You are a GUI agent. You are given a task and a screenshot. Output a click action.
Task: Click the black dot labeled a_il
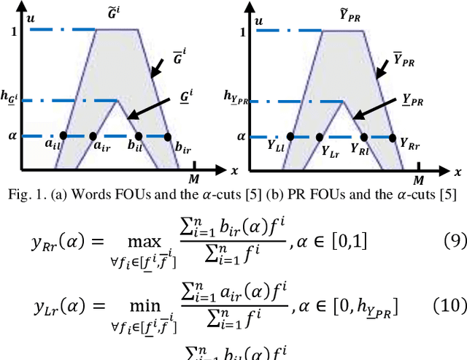(63, 136)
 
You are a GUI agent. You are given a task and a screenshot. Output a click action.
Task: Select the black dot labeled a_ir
(93, 136)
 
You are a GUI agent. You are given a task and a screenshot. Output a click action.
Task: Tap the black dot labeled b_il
(138, 136)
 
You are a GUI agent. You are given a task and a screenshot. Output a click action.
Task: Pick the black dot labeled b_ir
(167, 136)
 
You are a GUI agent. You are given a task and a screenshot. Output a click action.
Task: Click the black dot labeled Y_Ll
(290, 136)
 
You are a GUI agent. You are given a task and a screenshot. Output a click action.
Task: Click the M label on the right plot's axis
(419, 180)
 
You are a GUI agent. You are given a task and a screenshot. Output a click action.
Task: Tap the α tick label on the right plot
(241, 136)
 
